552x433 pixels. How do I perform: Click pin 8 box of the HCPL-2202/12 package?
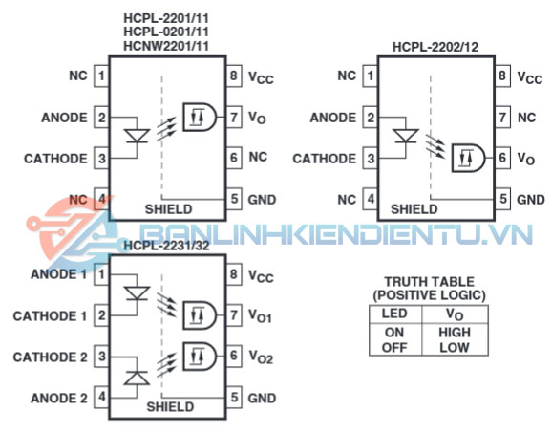click(x=502, y=76)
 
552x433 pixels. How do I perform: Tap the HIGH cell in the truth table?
click(x=455, y=333)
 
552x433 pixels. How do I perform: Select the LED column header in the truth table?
click(x=394, y=314)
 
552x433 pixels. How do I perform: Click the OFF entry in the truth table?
click(x=394, y=348)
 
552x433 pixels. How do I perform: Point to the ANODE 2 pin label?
click(x=59, y=399)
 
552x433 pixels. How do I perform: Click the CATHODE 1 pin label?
click(x=50, y=316)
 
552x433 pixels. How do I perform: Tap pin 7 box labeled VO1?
click(x=234, y=315)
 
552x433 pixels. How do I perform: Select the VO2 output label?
click(x=261, y=357)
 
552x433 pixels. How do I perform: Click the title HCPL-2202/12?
click(x=435, y=47)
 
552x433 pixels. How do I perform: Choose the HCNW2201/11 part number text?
click(x=166, y=46)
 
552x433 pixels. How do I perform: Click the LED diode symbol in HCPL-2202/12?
click(x=406, y=136)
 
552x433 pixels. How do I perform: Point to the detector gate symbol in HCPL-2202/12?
click(x=468, y=158)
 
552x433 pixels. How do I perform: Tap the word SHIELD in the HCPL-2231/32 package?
click(x=170, y=407)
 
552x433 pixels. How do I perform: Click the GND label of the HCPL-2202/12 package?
click(x=531, y=200)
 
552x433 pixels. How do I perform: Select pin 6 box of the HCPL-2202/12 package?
click(x=502, y=158)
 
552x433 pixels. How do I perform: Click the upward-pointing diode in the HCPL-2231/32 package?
click(x=137, y=378)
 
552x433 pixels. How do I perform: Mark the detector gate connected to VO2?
click(x=200, y=357)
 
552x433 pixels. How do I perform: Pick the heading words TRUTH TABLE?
click(x=430, y=282)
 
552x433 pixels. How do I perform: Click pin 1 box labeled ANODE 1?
click(x=101, y=274)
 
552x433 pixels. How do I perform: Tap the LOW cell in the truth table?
click(x=455, y=348)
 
